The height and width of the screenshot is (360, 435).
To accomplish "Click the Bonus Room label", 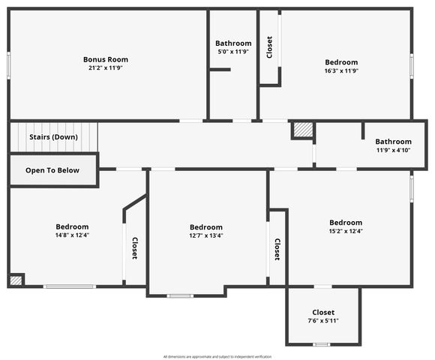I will [x=106, y=59].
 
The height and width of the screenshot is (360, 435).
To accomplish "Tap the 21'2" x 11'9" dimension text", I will [x=106, y=68].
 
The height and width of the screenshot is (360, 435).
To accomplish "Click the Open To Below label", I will [x=52, y=170].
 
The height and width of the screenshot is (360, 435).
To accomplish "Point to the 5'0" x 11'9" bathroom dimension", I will [x=233, y=52].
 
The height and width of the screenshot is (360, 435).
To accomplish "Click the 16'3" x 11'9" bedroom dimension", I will [x=341, y=71].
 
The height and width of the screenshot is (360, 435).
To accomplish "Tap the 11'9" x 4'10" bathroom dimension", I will [x=394, y=150].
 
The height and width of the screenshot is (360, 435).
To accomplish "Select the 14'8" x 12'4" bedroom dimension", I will [x=72, y=235].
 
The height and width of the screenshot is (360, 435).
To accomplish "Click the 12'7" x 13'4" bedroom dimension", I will [x=206, y=235].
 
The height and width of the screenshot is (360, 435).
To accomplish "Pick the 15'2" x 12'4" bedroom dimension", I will [x=346, y=231].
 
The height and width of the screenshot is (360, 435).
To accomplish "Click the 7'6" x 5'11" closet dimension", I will [x=323, y=321].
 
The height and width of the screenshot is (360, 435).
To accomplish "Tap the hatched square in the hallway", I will [x=301, y=130].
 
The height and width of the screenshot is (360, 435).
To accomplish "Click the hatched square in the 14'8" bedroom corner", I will [x=16, y=280].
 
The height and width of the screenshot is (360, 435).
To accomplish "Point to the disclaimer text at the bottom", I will [x=217, y=356].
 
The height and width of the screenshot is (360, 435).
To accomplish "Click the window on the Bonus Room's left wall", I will [x=9, y=64].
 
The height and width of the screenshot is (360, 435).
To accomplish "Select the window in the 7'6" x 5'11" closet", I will [x=322, y=344].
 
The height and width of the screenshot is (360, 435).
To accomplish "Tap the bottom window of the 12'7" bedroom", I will [x=180, y=295].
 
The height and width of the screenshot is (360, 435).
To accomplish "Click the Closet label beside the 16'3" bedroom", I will [x=269, y=47].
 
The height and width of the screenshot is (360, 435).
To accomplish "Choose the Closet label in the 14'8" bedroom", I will [x=134, y=248].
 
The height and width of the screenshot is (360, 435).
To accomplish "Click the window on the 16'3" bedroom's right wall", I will [x=411, y=64].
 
